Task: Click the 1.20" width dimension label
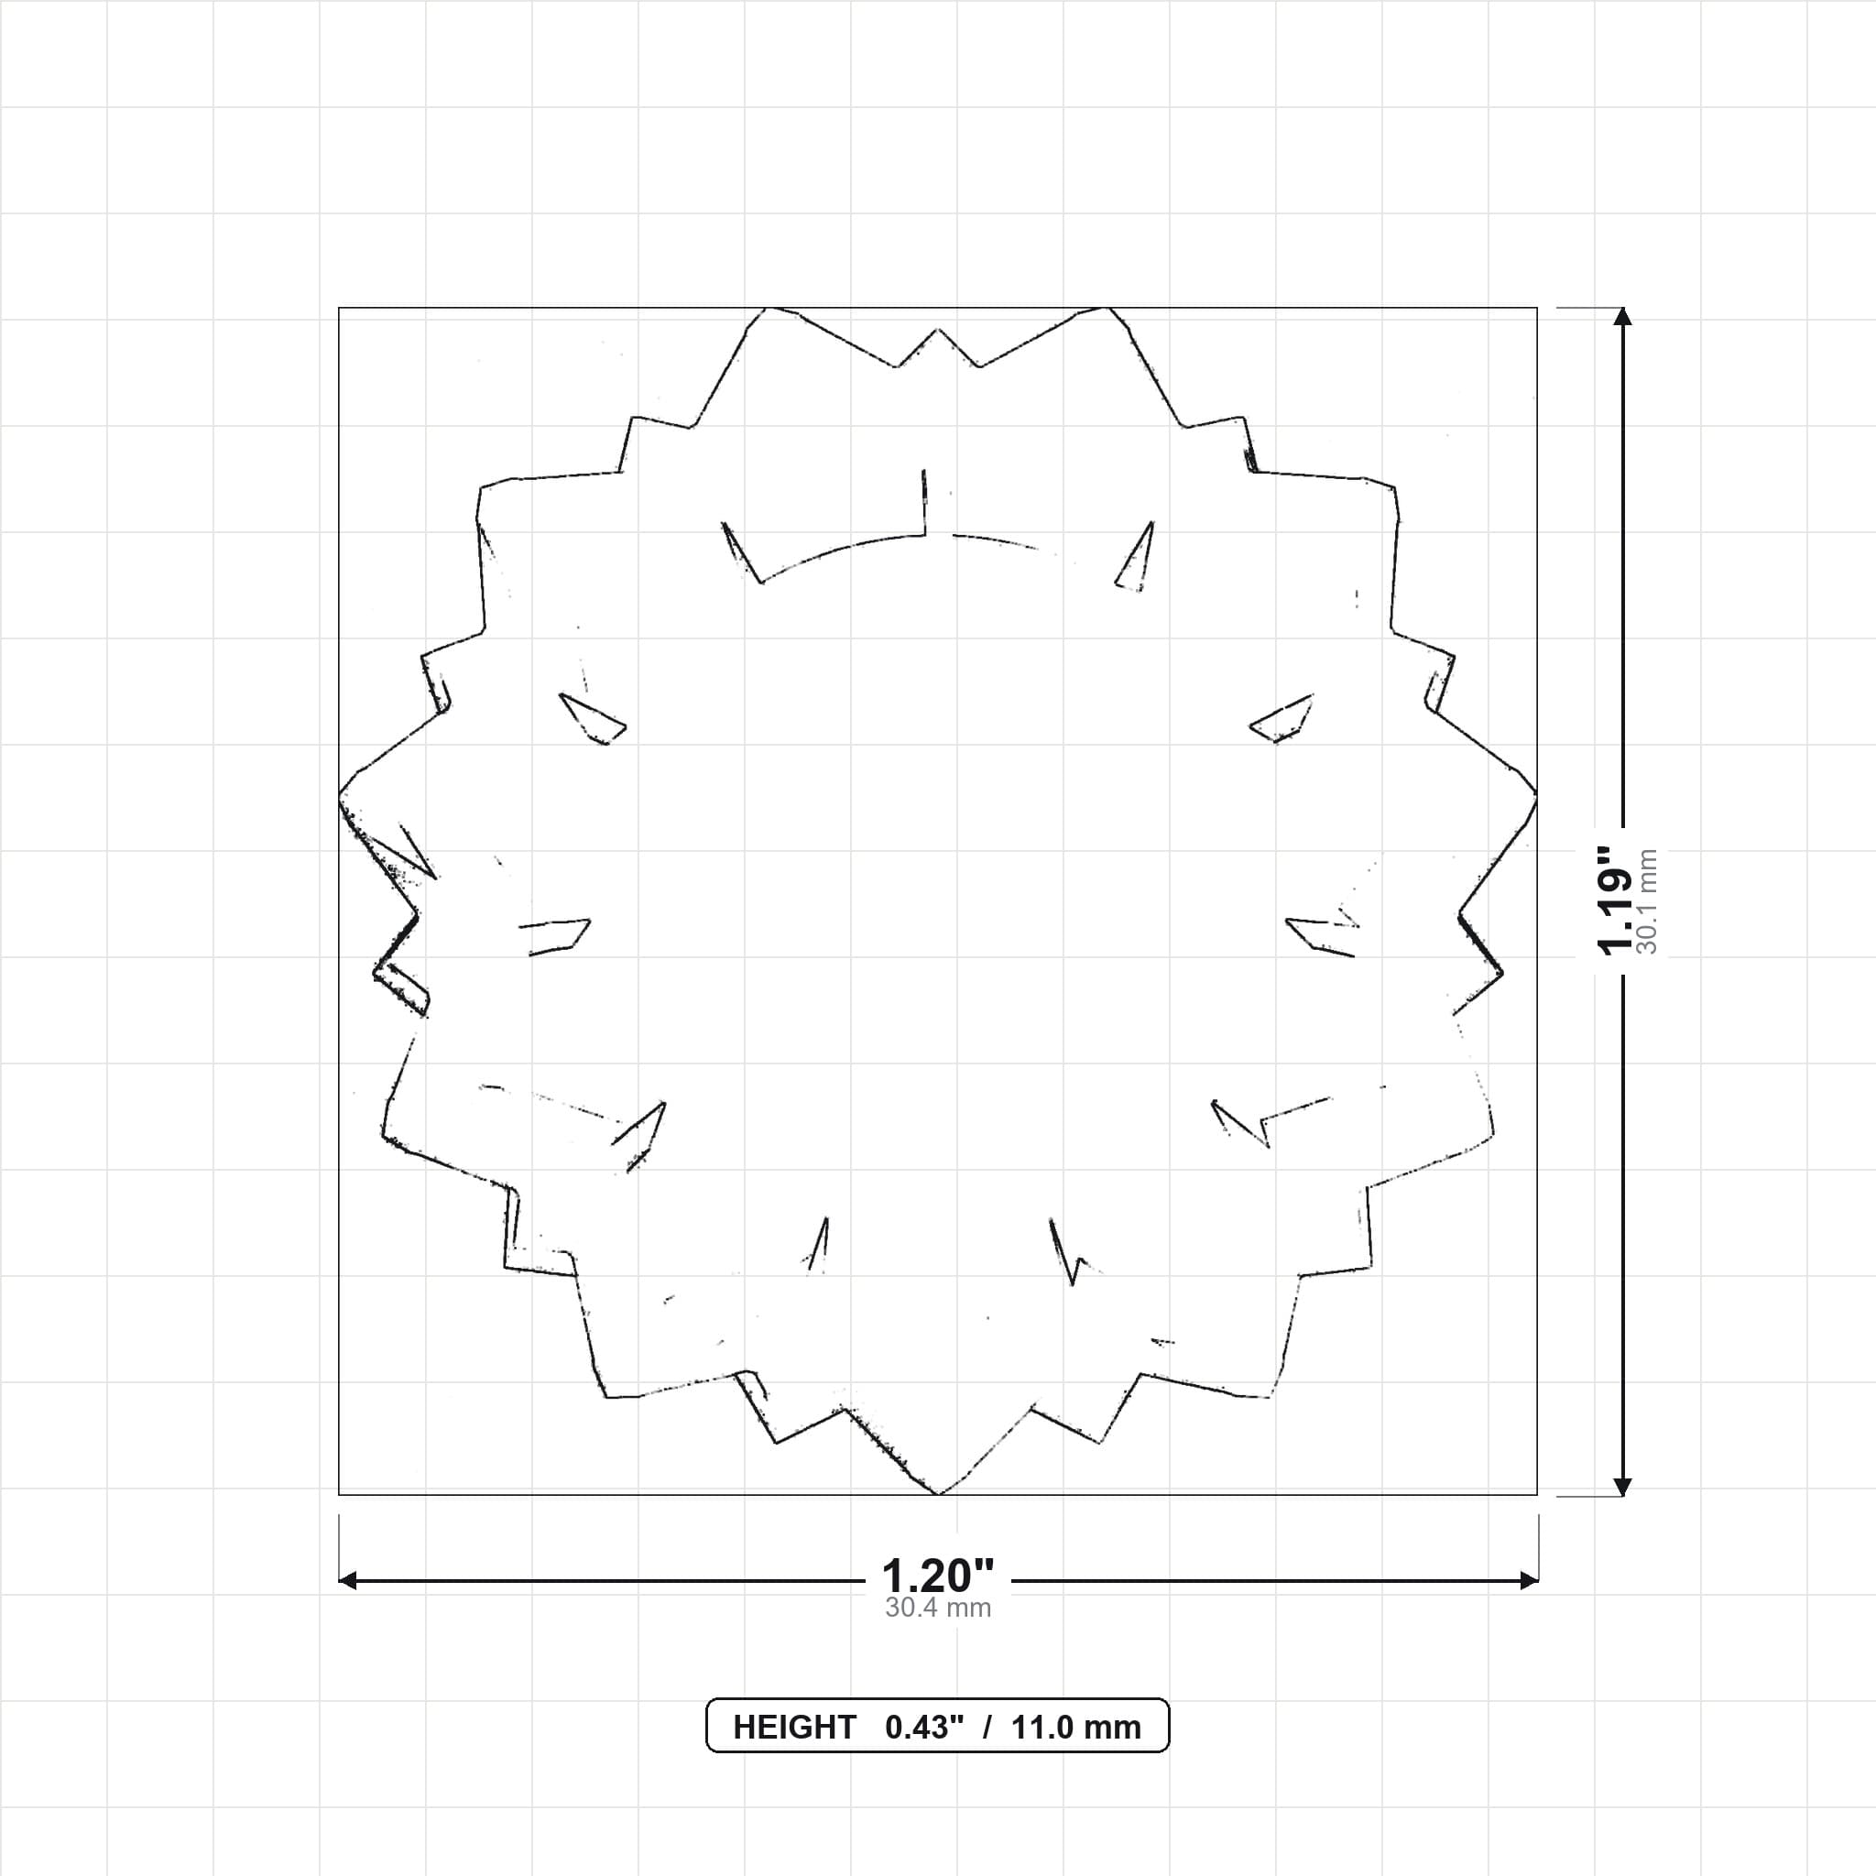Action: click(x=937, y=1575)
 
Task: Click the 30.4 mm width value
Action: click(x=938, y=1608)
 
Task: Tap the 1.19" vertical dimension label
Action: click(x=1617, y=901)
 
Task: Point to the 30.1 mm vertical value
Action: click(x=1647, y=901)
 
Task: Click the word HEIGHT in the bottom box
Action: click(x=794, y=1728)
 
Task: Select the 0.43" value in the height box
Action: click(x=924, y=1728)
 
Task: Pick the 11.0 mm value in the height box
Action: click(x=1076, y=1728)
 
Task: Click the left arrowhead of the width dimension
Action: click(x=346, y=1581)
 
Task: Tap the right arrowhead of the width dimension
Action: click(x=1530, y=1581)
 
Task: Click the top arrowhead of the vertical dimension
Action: click(x=1621, y=316)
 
